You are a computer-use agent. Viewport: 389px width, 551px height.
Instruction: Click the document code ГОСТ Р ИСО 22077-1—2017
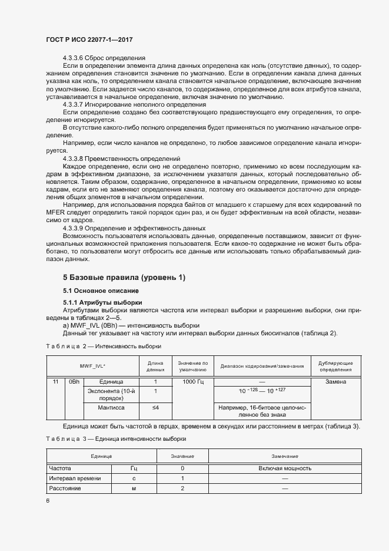tap(89, 39)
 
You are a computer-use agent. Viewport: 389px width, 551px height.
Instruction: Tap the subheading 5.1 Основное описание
tap(101, 291)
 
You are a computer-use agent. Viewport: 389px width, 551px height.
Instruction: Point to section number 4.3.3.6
tap(74, 58)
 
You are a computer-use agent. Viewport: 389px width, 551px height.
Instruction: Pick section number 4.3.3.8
tap(74, 159)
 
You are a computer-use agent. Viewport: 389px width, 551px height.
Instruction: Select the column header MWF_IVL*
tap(92, 366)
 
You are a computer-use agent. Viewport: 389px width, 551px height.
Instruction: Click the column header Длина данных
tap(155, 366)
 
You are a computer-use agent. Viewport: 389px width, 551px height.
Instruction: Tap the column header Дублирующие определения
tap(336, 366)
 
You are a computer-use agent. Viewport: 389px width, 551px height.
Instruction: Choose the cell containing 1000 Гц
tap(192, 382)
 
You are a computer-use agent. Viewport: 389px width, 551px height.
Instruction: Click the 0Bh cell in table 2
tap(74, 382)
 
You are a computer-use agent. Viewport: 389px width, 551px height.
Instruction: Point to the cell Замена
tap(336, 382)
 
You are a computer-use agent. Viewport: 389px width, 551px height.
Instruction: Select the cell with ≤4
tap(155, 407)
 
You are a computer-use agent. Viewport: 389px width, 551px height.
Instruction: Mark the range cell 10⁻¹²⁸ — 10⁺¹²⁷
tap(262, 391)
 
